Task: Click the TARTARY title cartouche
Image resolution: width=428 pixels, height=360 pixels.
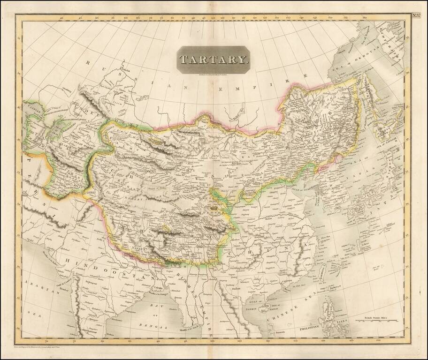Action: pos(213,59)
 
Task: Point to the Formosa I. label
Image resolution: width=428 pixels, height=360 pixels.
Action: pos(322,270)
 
